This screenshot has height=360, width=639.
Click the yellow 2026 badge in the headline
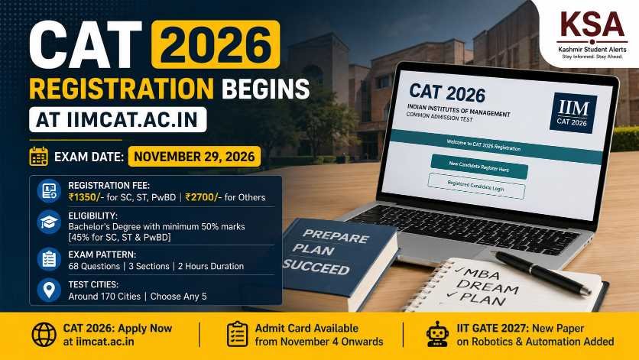pyautogui.click(x=216, y=44)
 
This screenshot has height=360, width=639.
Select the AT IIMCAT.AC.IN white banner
pyautogui.click(x=118, y=120)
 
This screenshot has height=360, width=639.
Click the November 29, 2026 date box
pyautogui.click(x=194, y=157)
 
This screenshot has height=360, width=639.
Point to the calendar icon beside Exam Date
pyautogui.click(x=39, y=157)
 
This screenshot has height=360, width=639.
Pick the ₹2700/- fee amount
pyautogui.click(x=203, y=197)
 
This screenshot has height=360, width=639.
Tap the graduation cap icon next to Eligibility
pyautogui.click(x=49, y=222)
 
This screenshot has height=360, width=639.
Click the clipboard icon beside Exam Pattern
pyautogui.click(x=49, y=259)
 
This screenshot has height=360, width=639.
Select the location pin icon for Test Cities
pyautogui.click(x=49, y=290)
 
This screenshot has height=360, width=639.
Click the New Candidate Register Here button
pyautogui.click(x=479, y=167)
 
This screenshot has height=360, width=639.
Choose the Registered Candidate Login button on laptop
pyautogui.click(x=476, y=186)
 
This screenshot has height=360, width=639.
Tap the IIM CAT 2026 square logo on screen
pyautogui.click(x=573, y=113)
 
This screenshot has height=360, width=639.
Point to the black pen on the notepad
pyautogui.click(x=543, y=272)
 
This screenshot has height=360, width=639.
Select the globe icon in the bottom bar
pyautogui.click(x=44, y=335)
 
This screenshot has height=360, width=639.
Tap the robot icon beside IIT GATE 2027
pyautogui.click(x=437, y=334)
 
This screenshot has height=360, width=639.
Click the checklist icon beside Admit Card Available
pyautogui.click(x=237, y=334)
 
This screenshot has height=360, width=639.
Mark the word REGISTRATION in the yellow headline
pyautogui.click(x=122, y=89)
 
